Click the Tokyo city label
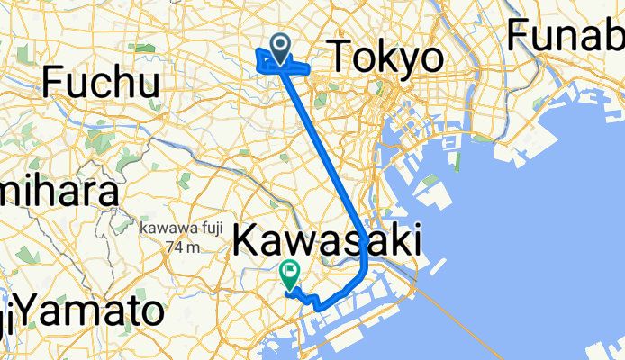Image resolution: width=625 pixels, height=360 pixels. coord(388,59)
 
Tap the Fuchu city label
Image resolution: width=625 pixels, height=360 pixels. coord(101,84)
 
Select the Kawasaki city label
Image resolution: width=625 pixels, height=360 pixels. coord(328,241)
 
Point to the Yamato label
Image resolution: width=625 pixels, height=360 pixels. coord(90,312)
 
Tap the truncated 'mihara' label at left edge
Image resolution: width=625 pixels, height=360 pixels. coord(59,193)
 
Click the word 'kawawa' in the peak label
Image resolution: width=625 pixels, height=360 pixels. coord(160,230)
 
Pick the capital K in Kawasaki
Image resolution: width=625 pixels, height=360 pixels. coord(246,241)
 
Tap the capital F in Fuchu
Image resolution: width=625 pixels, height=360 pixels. coord(53,84)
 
